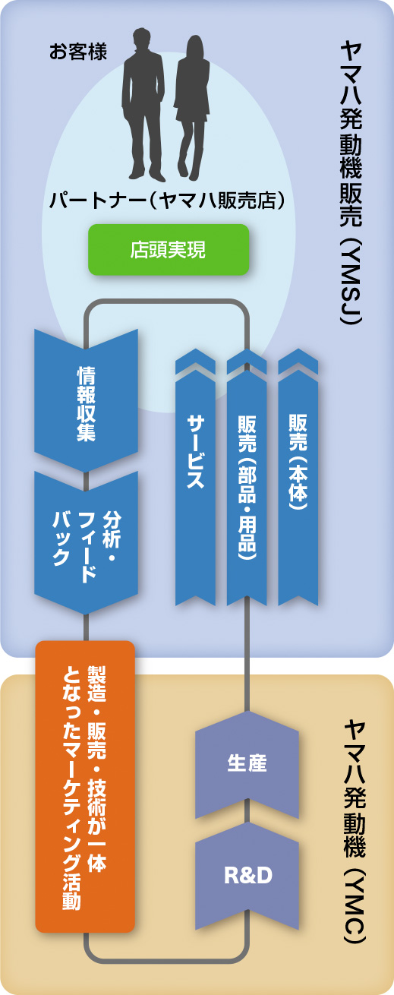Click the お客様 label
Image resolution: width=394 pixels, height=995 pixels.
(78, 52)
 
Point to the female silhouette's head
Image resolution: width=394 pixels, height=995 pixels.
(194, 47)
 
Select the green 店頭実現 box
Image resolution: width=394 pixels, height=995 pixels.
(169, 250)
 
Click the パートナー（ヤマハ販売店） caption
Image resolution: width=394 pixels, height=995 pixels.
(166, 201)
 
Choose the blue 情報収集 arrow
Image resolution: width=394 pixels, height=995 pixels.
(87, 400)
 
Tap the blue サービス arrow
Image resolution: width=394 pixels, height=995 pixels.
(195, 477)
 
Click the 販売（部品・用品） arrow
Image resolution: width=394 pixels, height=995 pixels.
(247, 477)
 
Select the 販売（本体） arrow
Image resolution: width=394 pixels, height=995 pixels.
(298, 477)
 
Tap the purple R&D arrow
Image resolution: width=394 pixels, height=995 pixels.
(247, 876)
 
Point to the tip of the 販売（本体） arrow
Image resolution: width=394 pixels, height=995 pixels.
(298, 349)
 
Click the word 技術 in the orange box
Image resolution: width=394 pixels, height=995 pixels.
(97, 798)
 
